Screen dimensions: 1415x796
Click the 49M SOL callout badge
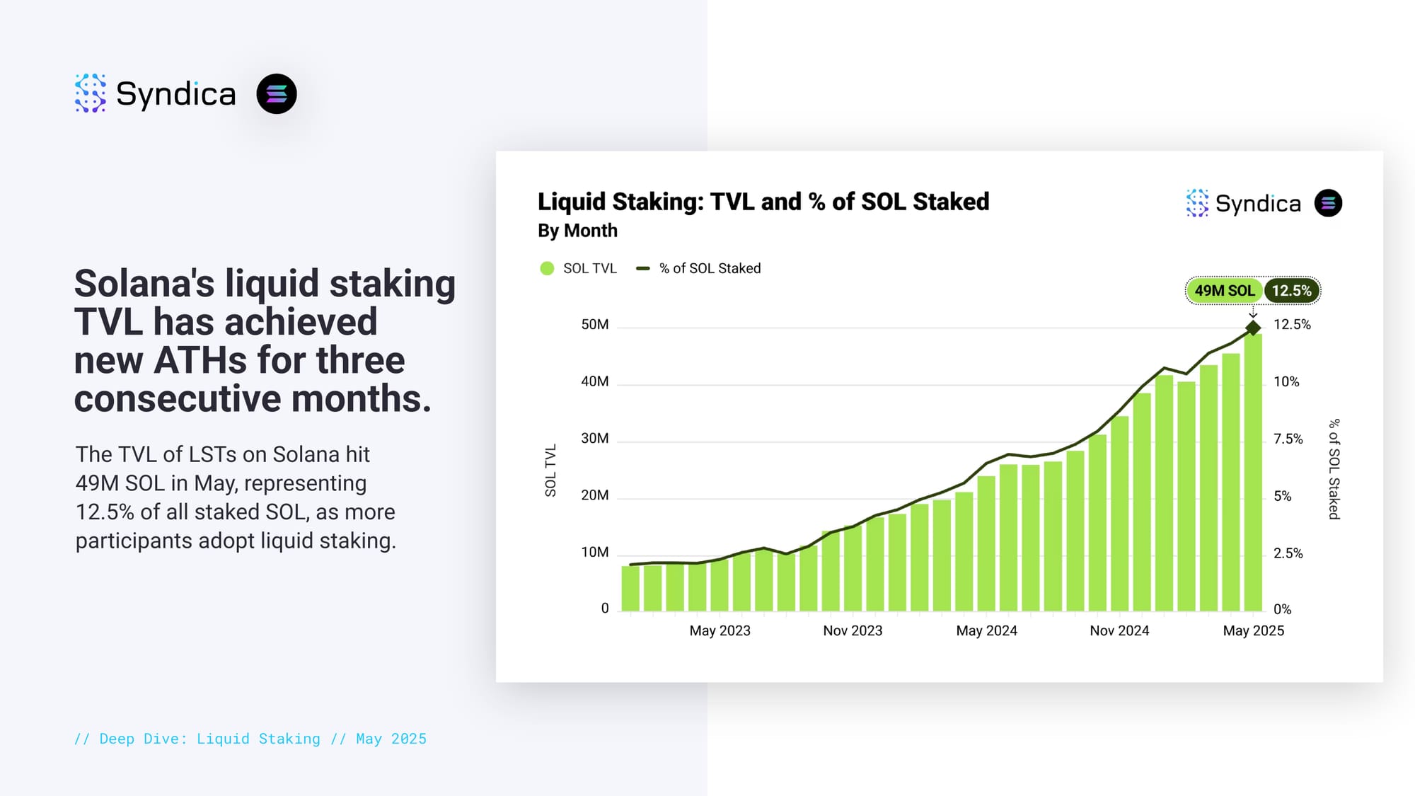[x=1224, y=291]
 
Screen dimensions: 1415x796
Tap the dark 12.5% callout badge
[x=1291, y=291]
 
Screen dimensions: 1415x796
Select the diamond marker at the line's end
[x=1253, y=328]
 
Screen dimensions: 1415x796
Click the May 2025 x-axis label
[x=1253, y=630]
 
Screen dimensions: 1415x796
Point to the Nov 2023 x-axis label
[x=853, y=630]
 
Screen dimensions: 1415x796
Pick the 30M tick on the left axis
[x=594, y=439]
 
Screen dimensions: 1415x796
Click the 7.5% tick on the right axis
[x=1288, y=439]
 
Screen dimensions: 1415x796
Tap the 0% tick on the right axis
[x=1282, y=609]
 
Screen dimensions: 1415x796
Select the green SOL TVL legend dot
[x=547, y=268]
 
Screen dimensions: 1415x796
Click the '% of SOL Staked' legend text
[x=710, y=268]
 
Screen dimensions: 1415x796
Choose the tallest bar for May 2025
[x=1253, y=473]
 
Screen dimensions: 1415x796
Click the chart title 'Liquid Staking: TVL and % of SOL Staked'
[x=763, y=202]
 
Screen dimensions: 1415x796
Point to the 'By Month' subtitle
[x=577, y=231]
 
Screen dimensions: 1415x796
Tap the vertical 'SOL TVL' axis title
[x=550, y=470]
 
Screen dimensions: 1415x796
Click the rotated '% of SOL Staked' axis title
[x=1334, y=469]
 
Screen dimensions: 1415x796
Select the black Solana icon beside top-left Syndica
[x=277, y=93]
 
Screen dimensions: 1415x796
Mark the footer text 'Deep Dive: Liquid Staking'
[x=209, y=739]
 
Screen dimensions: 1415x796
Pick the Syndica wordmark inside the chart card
[x=1258, y=204]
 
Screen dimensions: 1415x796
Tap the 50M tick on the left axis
[x=594, y=325]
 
